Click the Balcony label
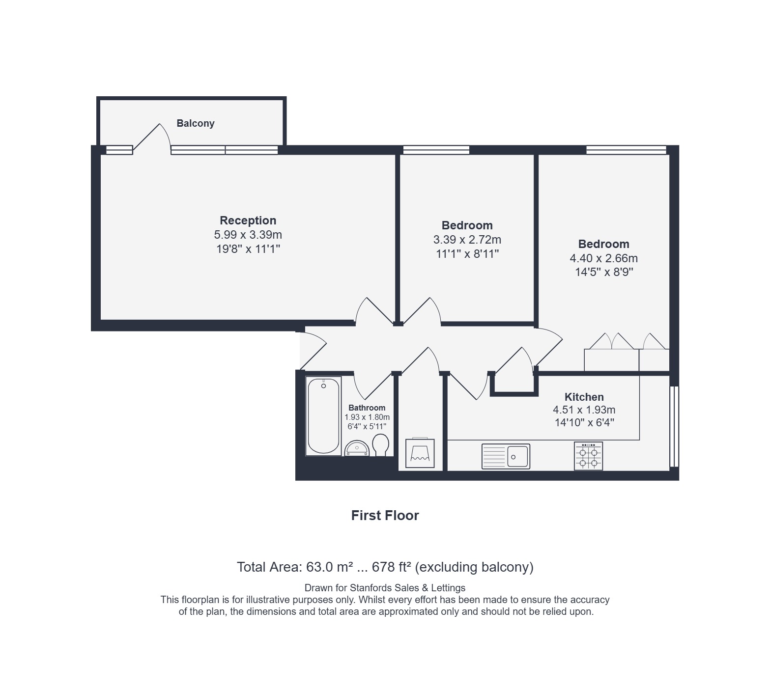coord(196,123)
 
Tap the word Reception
coord(248,220)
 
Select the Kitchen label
coord(584,397)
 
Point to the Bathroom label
coord(367,408)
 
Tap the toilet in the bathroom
coord(381,445)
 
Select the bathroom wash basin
coord(357,448)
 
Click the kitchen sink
coord(506,456)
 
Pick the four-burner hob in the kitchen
coord(588,456)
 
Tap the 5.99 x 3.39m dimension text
coord(248,235)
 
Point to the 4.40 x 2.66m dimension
coord(603,258)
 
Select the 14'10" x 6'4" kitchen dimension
coord(584,422)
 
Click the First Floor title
coord(385,516)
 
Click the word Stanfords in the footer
coord(369,588)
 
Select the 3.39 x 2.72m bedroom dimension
coord(467,240)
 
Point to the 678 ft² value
coord(392,567)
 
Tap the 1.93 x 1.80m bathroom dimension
coord(367,417)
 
